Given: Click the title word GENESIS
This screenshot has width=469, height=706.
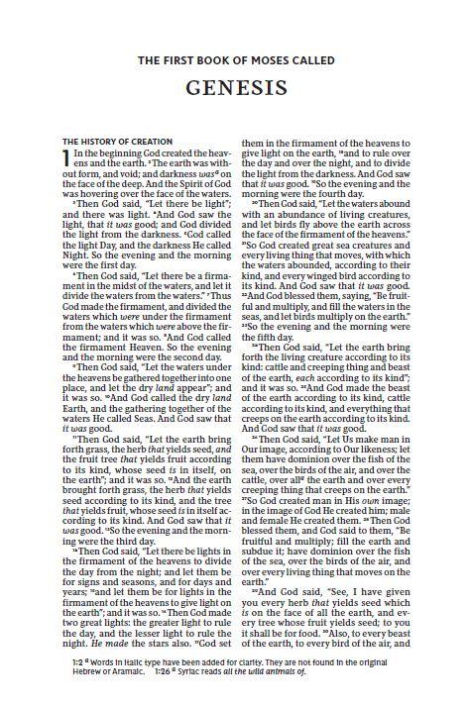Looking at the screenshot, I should click(x=234, y=88).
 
